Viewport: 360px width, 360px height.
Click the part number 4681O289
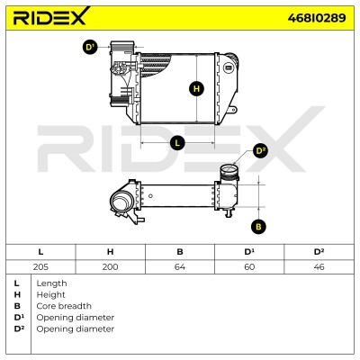click(x=317, y=18)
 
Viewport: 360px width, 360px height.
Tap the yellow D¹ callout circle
click(x=90, y=47)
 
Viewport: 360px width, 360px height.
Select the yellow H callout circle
click(x=196, y=89)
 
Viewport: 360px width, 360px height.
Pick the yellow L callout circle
click(x=177, y=142)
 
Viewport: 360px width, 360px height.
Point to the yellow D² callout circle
click(x=260, y=150)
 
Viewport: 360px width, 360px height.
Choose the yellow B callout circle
click(x=258, y=227)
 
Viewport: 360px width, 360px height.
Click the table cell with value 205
click(x=40, y=267)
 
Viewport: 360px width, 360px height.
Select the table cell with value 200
click(x=110, y=267)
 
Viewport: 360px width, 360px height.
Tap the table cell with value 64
click(x=180, y=267)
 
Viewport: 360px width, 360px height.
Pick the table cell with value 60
click(x=249, y=267)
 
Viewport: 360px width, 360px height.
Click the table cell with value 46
click(x=319, y=267)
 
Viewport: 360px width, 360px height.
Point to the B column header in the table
click(x=180, y=252)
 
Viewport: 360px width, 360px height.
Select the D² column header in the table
click(x=319, y=252)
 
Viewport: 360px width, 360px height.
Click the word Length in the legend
click(x=51, y=283)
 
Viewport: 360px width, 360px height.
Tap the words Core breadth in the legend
click(x=64, y=306)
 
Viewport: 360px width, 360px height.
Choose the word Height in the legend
click(x=50, y=295)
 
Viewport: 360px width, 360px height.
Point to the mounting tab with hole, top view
click(x=233, y=109)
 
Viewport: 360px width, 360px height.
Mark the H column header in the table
click(x=110, y=252)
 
